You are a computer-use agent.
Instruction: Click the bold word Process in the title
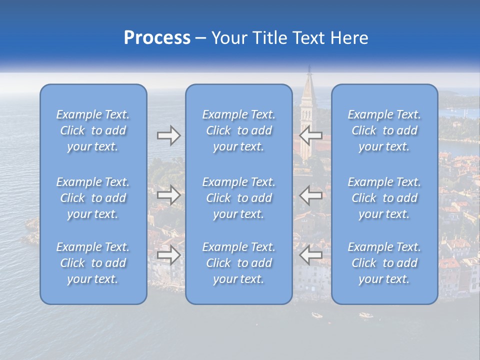tap(157, 38)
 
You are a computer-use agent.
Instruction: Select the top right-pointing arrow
tap(168, 135)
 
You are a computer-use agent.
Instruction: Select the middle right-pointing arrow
tap(168, 194)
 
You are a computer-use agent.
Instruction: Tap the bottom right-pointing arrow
tap(168, 255)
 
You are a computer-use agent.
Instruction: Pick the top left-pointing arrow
tap(311, 135)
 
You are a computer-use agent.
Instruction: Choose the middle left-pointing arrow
tap(311, 194)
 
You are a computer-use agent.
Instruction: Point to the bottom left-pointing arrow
tap(311, 255)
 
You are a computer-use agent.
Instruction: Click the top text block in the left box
tap(93, 130)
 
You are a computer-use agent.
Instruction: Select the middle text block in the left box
tap(93, 198)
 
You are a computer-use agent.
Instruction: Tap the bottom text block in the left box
tap(93, 263)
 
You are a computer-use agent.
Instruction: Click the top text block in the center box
tap(238, 130)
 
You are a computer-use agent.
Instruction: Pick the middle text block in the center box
tap(238, 198)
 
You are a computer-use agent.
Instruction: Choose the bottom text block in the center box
tap(238, 263)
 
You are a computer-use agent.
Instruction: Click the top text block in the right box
tap(384, 130)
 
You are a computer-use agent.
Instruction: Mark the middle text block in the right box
tap(384, 198)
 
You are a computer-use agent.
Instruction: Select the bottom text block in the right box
tap(384, 263)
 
